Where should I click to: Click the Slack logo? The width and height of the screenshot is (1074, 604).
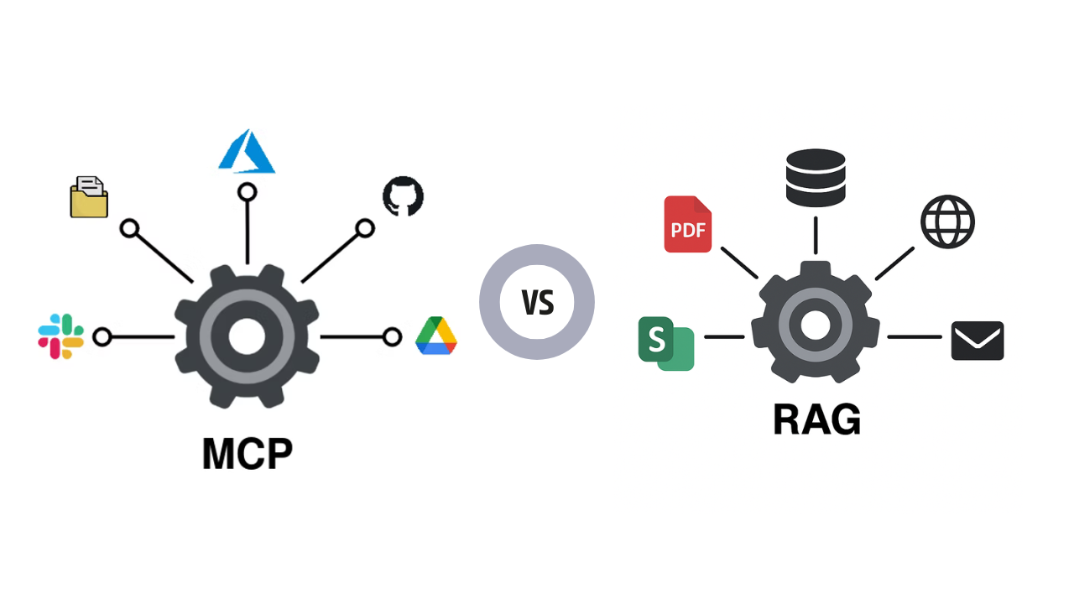point(61,336)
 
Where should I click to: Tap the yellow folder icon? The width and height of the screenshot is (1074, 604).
point(89,198)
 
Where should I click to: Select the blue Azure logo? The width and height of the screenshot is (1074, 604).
point(247,152)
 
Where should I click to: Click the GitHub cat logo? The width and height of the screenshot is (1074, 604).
point(403,196)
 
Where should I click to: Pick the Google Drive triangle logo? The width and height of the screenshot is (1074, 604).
point(436,336)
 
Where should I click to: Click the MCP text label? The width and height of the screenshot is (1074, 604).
point(247,453)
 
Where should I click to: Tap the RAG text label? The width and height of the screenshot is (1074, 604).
point(816,419)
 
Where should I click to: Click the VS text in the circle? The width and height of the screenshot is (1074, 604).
point(537,302)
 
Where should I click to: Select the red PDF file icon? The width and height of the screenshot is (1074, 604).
point(687,224)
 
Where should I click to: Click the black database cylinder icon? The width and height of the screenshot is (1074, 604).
point(816,177)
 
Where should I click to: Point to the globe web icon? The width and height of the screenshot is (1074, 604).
point(947,221)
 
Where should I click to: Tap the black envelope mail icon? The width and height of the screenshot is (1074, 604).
point(978,341)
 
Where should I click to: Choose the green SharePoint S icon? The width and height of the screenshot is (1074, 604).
point(665,343)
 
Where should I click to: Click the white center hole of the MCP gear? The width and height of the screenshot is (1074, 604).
point(247,336)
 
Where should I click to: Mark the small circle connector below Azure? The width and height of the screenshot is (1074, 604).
point(247,192)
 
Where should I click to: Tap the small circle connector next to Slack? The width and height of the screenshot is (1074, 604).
point(102,337)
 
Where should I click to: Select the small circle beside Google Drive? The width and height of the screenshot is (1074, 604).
point(392,337)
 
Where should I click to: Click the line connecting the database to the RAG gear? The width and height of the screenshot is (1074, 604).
point(816,235)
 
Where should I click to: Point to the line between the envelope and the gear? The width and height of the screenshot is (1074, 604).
point(915,337)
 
